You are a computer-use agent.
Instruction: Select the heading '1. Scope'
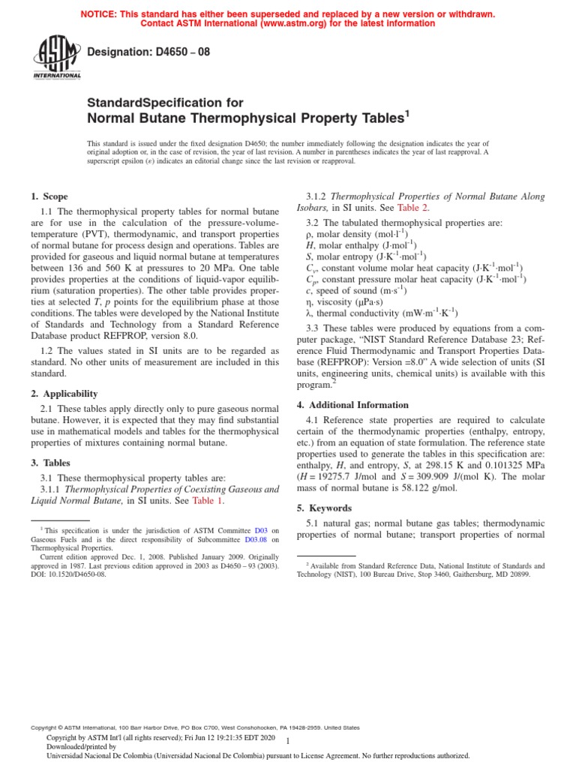pos(49,196)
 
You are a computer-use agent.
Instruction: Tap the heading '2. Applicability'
pos(64,393)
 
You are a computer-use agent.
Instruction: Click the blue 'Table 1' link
pos(209,500)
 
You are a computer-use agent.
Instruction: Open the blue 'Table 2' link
pos(412,208)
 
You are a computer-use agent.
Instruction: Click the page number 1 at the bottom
pos(298,740)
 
